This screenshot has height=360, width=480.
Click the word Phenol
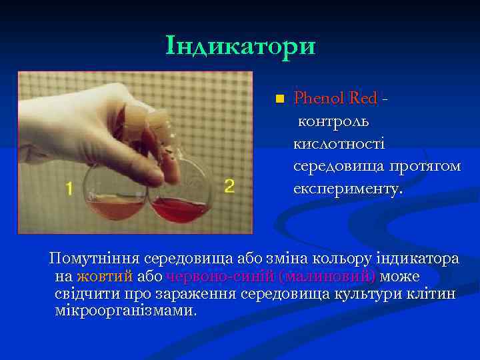pos(318,99)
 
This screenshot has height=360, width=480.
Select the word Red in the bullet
pos(362,99)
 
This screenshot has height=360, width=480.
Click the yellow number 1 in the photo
pos(69,189)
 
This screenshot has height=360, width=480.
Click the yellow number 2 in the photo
pos(229,186)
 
